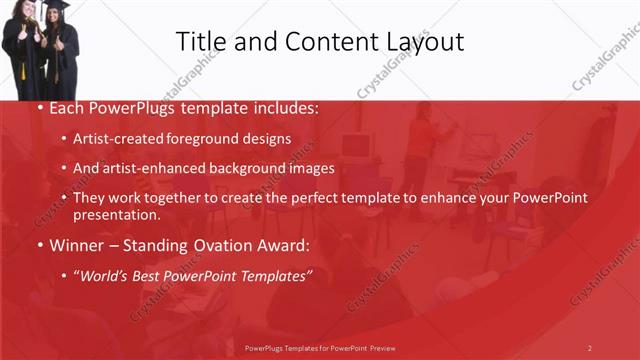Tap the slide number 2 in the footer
tap(589, 348)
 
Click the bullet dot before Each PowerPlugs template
tap(39, 107)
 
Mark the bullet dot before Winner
tap(39, 245)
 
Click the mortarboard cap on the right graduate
tap(56, 5)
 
